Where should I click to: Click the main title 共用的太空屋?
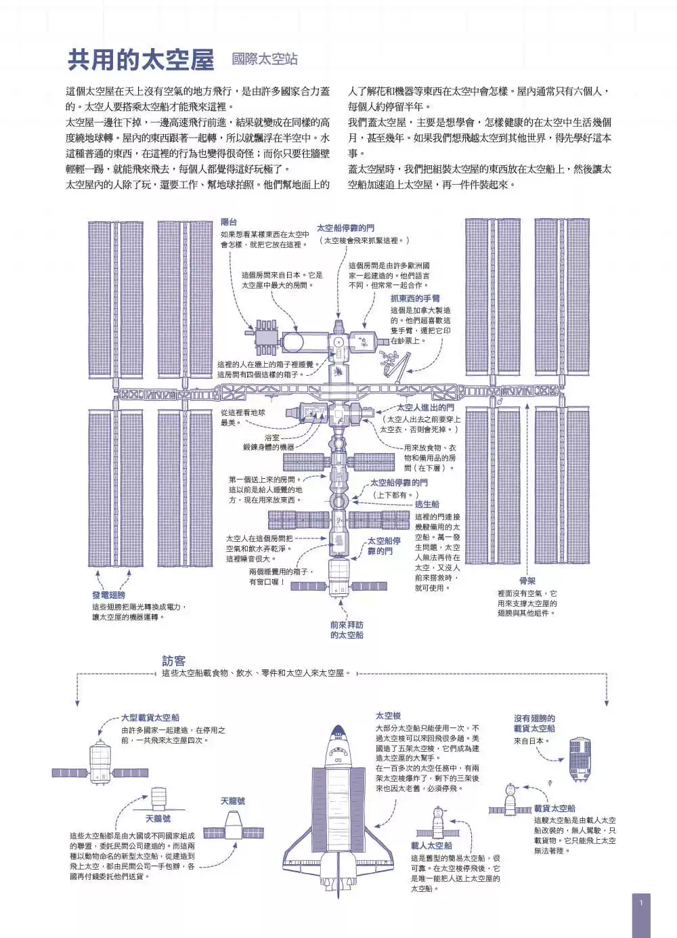coord(141,60)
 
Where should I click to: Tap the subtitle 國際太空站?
coord(265,59)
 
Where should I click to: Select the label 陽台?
coord(229,222)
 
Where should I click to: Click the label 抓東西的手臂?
coord(415,299)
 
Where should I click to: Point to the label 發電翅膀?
coord(109,595)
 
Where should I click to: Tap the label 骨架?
coord(527,581)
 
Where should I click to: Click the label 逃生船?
coord(427,505)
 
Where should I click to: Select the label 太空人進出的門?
coord(425,408)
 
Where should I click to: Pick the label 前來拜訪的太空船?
coord(347,630)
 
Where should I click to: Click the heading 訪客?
coord(174,661)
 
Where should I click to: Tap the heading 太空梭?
coord(388,716)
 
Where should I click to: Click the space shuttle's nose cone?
coord(338,733)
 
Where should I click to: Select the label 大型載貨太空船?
coord(150,718)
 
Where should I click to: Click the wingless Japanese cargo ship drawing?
coord(580,760)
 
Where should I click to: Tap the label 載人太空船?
coord(431,845)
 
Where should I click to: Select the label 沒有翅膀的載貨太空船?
coord(535,723)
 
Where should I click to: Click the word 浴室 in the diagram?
coord(272,438)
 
